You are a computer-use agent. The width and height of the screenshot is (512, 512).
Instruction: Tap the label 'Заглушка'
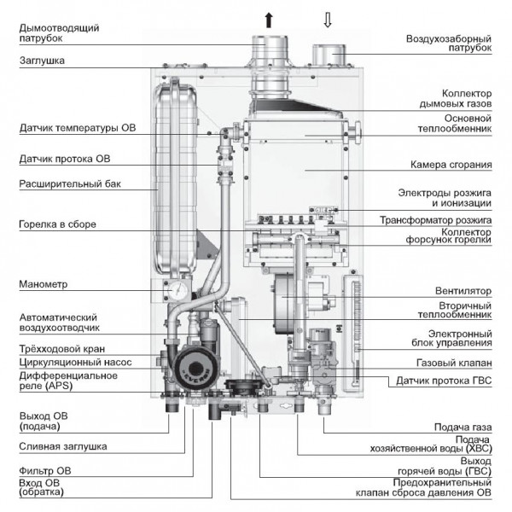click(x=43, y=61)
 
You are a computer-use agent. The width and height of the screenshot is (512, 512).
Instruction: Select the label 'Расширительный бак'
click(x=67, y=183)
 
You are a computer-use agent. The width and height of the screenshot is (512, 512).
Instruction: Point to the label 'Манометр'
click(x=42, y=284)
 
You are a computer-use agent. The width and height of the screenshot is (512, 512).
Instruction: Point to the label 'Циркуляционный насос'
click(x=74, y=361)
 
